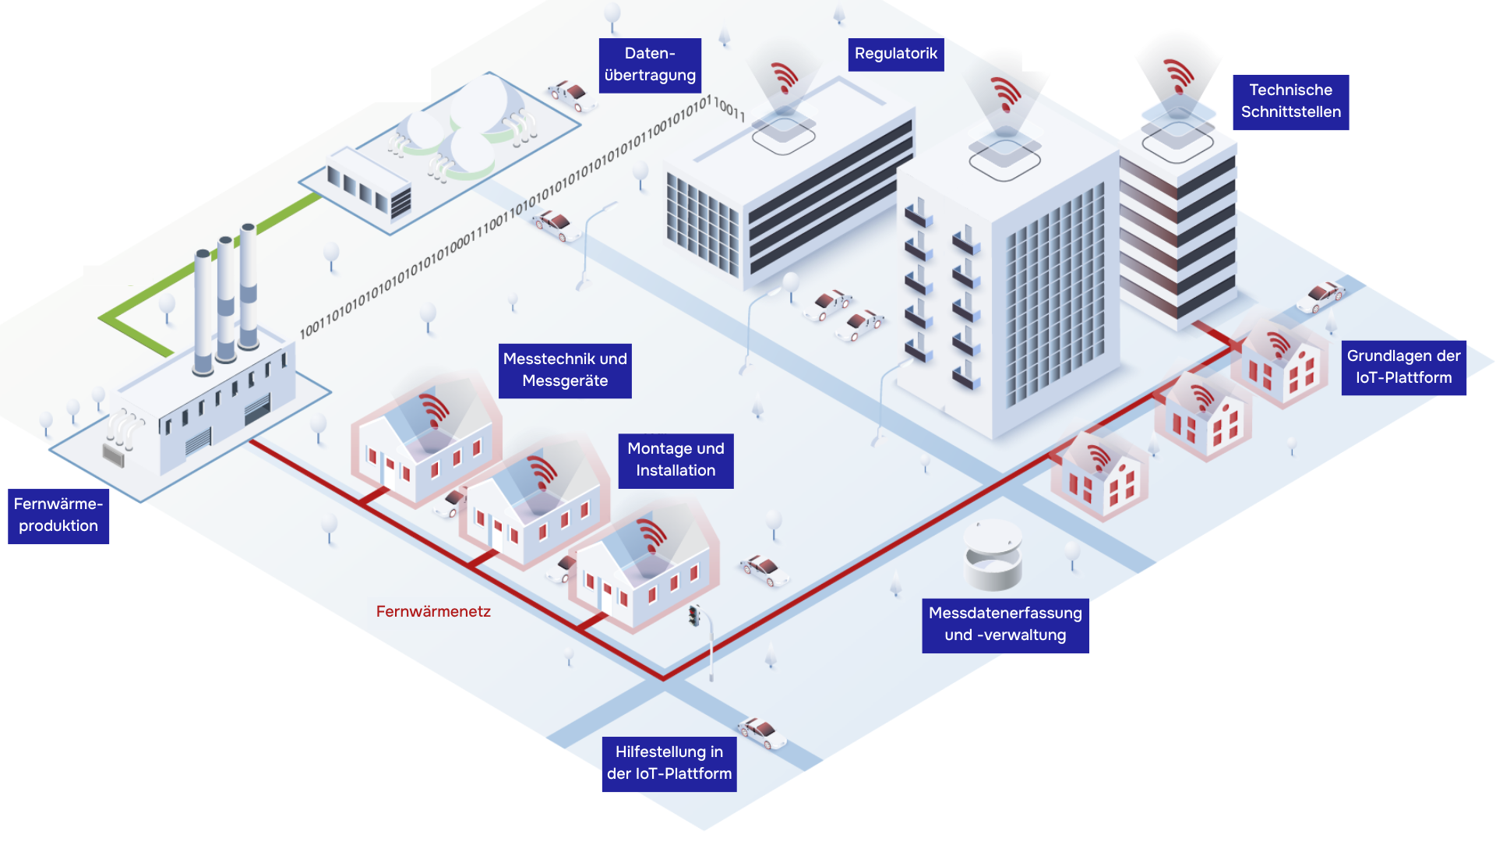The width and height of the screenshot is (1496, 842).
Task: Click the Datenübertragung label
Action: click(650, 65)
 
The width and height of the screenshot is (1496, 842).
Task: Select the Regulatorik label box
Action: click(895, 54)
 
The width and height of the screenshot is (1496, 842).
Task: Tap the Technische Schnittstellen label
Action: click(1290, 101)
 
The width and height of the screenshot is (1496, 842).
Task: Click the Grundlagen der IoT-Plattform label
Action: click(1403, 367)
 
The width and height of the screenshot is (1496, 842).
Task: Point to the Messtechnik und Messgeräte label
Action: click(565, 370)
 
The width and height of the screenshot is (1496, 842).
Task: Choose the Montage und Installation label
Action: click(676, 460)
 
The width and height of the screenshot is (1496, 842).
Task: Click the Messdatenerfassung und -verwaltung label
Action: click(1005, 624)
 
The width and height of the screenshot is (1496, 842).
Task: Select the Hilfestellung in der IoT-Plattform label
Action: click(669, 763)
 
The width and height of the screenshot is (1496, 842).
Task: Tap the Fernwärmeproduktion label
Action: click(58, 515)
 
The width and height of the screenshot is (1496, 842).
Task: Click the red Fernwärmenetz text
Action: click(433, 612)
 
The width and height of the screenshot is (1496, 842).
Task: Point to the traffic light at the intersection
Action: click(693, 616)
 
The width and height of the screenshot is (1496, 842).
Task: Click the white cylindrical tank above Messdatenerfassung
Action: click(993, 555)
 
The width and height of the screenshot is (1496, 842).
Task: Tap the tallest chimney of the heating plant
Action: click(249, 285)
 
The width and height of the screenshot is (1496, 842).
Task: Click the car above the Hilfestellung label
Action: click(762, 732)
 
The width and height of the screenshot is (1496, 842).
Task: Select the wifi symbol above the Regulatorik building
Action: click(785, 78)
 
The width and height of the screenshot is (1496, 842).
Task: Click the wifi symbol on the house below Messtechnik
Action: click(433, 409)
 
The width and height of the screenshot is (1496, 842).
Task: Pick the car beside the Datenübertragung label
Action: click(571, 95)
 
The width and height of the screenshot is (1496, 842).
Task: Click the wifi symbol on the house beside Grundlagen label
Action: click(1279, 344)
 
